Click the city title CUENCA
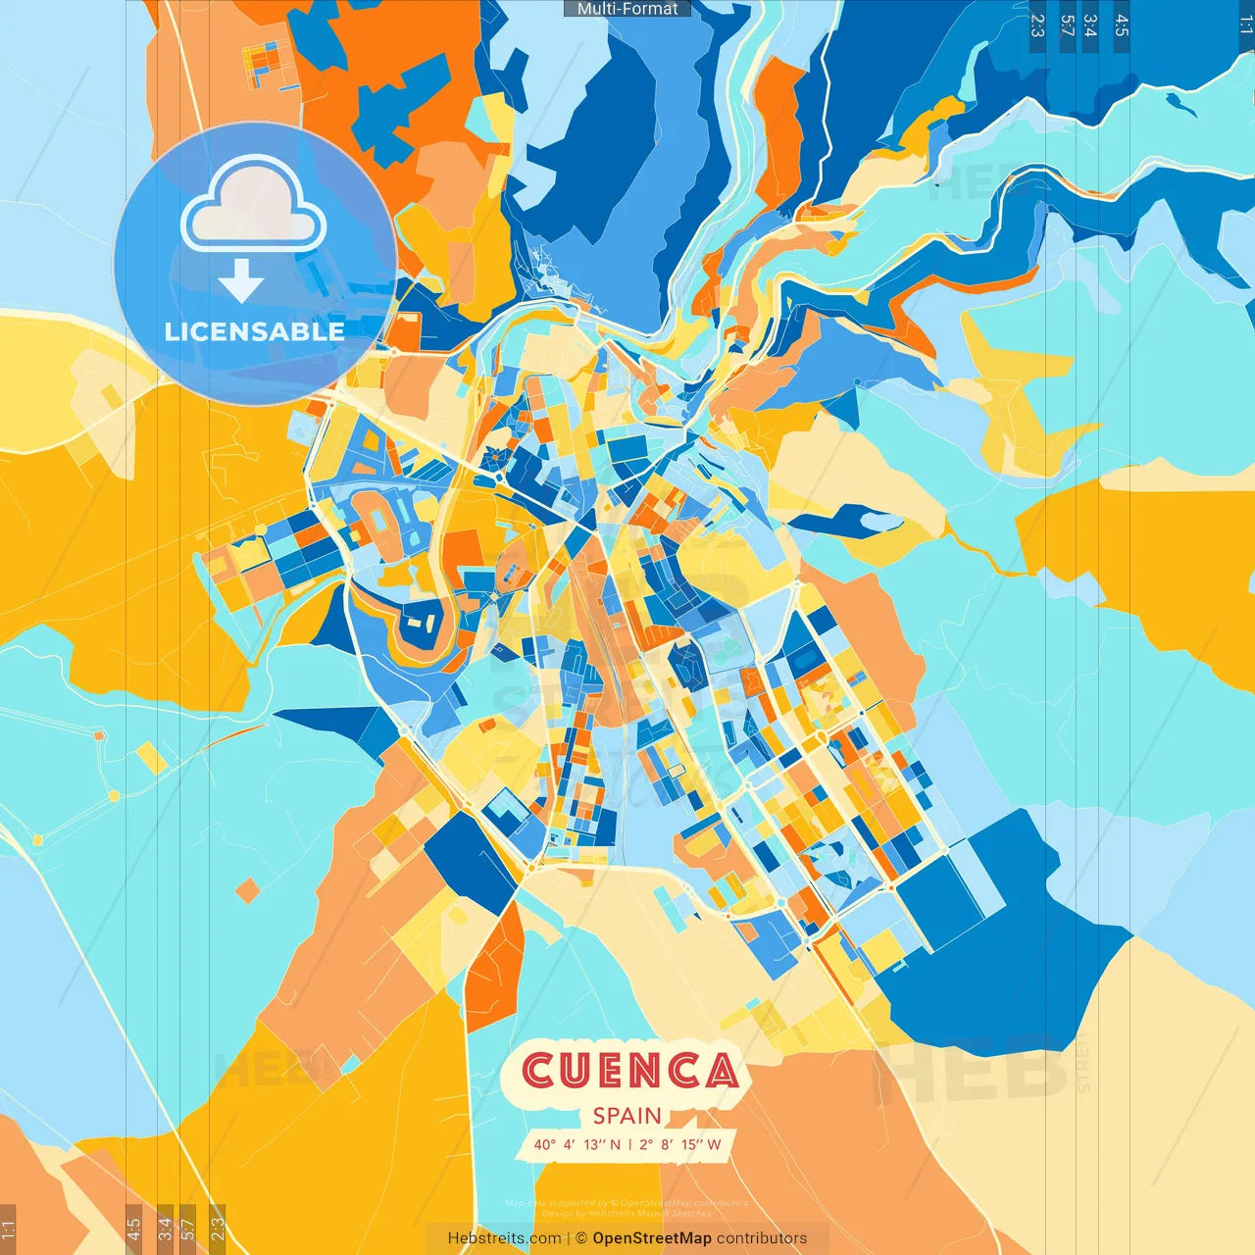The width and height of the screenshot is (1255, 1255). point(629,1070)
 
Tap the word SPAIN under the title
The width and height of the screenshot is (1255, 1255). point(627,1116)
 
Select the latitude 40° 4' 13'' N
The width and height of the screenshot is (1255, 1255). point(577,1144)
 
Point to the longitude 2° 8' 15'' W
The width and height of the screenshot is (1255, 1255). point(679,1144)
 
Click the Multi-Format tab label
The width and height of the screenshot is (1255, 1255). point(627,9)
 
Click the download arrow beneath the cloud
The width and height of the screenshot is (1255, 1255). point(241,281)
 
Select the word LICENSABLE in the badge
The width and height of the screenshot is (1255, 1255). point(254,331)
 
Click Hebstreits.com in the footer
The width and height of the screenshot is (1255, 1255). point(504,1238)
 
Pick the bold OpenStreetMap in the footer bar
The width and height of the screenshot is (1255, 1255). point(651,1238)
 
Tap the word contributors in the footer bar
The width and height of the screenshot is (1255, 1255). point(762,1238)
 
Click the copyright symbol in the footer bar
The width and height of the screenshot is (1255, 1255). point(580,1238)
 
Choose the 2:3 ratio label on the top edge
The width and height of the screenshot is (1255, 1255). point(1037,25)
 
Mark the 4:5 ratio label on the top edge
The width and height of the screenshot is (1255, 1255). point(1122,25)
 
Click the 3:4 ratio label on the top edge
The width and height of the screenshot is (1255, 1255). point(1090,25)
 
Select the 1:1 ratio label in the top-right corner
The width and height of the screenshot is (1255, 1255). point(1245,25)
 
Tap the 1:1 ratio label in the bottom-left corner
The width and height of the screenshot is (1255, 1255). point(9,1229)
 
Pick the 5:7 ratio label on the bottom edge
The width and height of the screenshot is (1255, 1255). point(188,1229)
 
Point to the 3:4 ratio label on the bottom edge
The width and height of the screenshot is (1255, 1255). point(165,1229)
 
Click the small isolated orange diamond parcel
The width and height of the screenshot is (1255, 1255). point(248,890)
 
